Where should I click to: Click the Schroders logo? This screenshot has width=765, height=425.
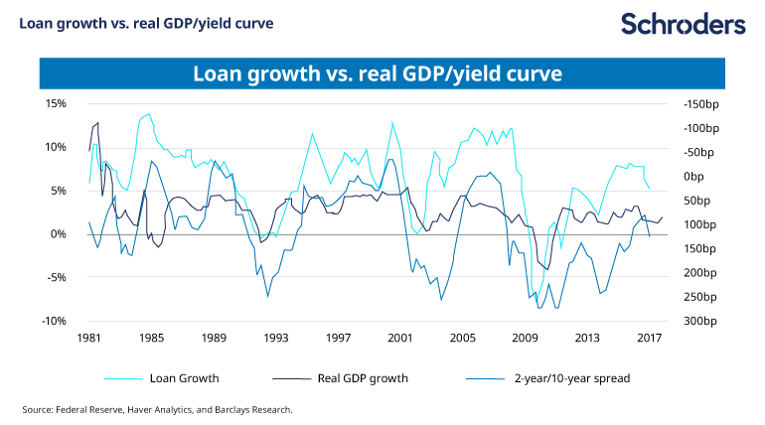coord(683,24)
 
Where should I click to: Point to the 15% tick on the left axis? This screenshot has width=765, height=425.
coord(55,103)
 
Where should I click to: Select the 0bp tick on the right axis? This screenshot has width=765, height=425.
coord(694,176)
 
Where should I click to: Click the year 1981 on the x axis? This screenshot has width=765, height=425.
coord(89,338)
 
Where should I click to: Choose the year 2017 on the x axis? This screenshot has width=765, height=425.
coord(649,338)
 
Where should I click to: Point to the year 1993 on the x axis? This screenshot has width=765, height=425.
coord(276,338)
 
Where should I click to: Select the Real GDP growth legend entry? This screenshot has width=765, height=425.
coord(363,377)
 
